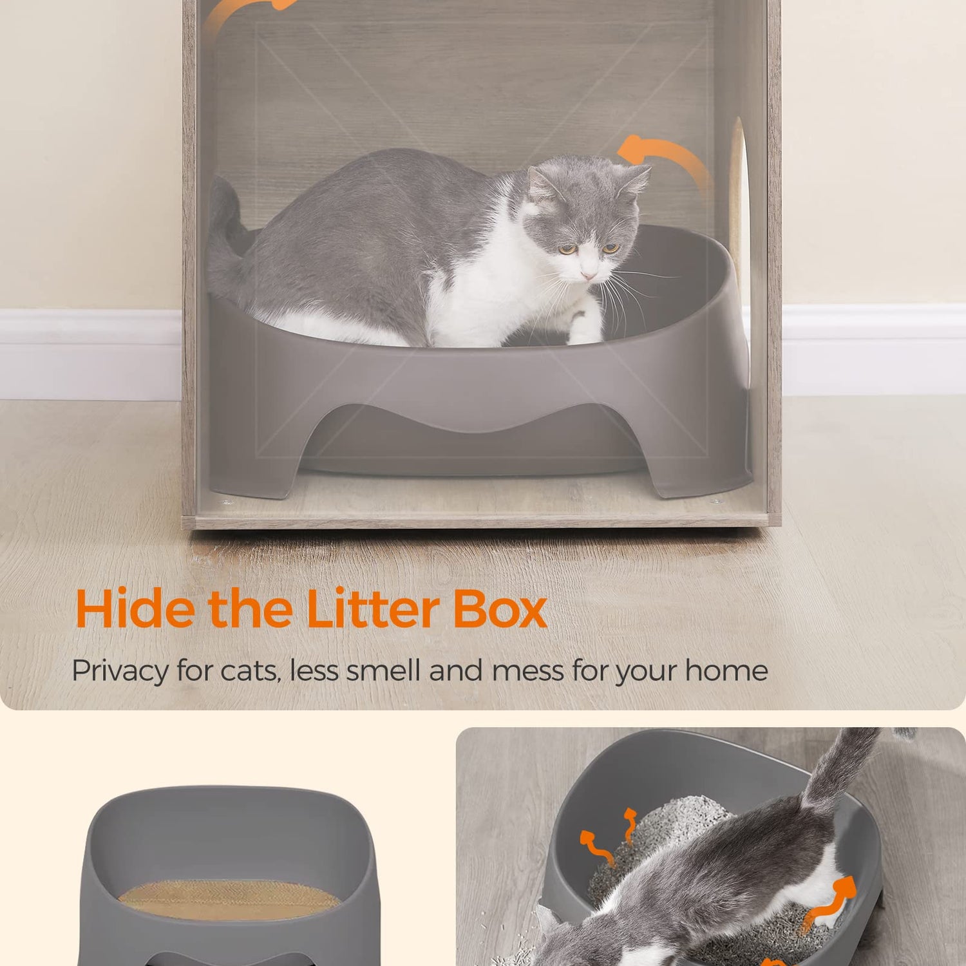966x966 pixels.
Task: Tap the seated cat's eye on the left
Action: [x=566, y=249]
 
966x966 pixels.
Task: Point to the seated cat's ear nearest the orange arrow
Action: [x=634, y=177]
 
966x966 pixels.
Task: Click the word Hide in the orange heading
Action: [x=135, y=608]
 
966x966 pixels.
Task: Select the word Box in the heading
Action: [x=500, y=608]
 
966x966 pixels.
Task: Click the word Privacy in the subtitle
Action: [x=120, y=671]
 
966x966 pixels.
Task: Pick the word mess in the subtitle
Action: [x=527, y=671]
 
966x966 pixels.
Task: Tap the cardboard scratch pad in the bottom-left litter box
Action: [x=230, y=900]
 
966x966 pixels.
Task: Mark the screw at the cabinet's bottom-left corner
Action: [x=223, y=502]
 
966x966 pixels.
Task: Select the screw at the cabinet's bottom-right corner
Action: [x=715, y=500]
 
